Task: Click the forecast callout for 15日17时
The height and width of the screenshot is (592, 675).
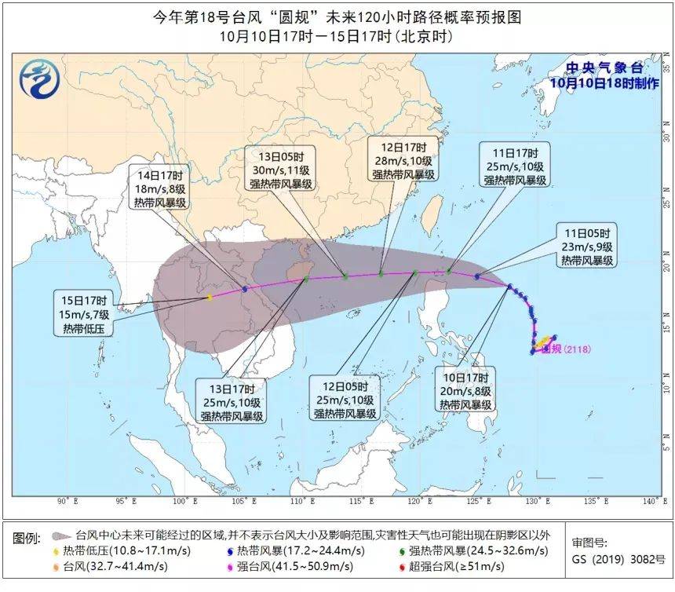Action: [x=85, y=314]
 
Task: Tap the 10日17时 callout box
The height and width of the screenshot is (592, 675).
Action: [x=465, y=391]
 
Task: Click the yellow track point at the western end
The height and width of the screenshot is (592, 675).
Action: [x=210, y=297]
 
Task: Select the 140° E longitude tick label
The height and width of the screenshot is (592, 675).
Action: [x=651, y=501]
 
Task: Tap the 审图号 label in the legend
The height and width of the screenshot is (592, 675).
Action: [x=587, y=542]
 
